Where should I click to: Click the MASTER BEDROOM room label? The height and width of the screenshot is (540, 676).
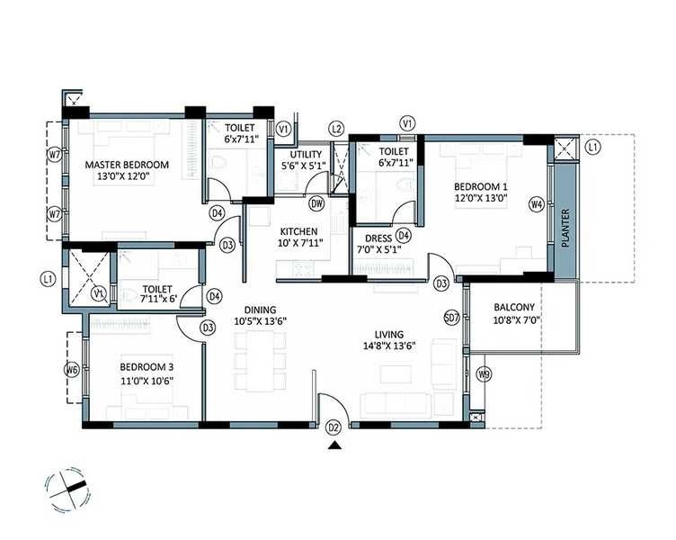coord(127,165)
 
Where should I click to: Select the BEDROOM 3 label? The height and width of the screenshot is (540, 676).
coord(146,367)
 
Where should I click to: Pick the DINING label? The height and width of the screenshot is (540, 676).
coord(259,309)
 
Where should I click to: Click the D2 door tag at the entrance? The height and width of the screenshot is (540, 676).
coord(334,427)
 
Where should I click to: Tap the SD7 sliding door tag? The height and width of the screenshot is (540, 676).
coord(452,318)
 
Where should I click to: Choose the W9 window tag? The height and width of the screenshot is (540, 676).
coord(485,373)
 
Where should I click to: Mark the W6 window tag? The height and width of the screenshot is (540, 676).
coord(71,369)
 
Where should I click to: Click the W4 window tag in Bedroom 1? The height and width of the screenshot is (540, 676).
coord(537,204)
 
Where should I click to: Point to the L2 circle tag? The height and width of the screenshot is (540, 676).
coord(336,129)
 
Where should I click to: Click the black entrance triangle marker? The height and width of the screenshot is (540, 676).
coord(334,445)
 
